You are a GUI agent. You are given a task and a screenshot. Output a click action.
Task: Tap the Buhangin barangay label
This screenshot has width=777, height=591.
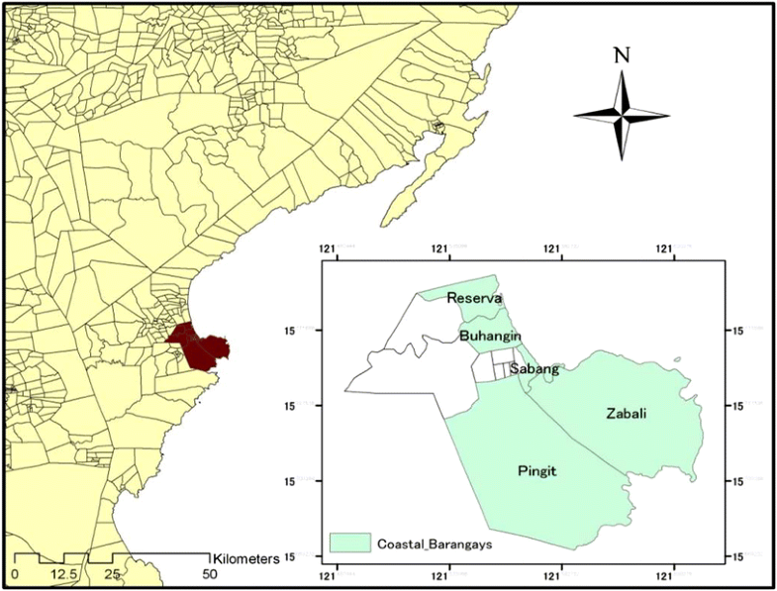485,337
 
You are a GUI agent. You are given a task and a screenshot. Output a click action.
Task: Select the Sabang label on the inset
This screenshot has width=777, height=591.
535,369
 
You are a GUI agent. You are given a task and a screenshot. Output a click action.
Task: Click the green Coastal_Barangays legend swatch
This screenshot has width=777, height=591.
348,542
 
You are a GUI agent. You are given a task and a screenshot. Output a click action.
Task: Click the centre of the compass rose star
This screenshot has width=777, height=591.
622,116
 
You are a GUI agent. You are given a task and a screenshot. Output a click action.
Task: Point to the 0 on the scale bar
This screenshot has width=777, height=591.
15,574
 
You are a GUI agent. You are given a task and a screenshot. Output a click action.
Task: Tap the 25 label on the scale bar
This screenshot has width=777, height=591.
112,574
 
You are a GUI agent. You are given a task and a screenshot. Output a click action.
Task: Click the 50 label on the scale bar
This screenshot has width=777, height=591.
209,574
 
